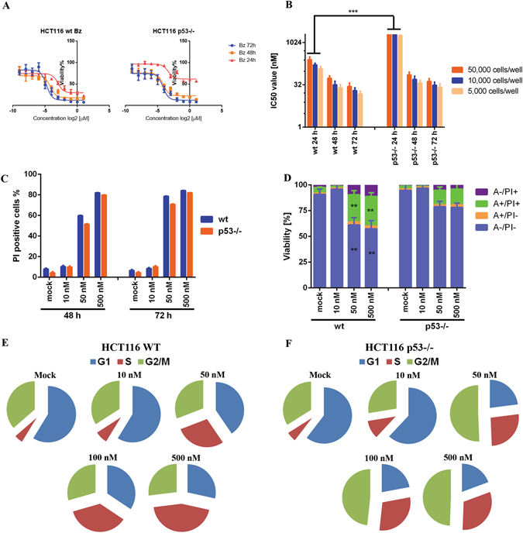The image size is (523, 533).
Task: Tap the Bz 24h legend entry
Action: (232, 60)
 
